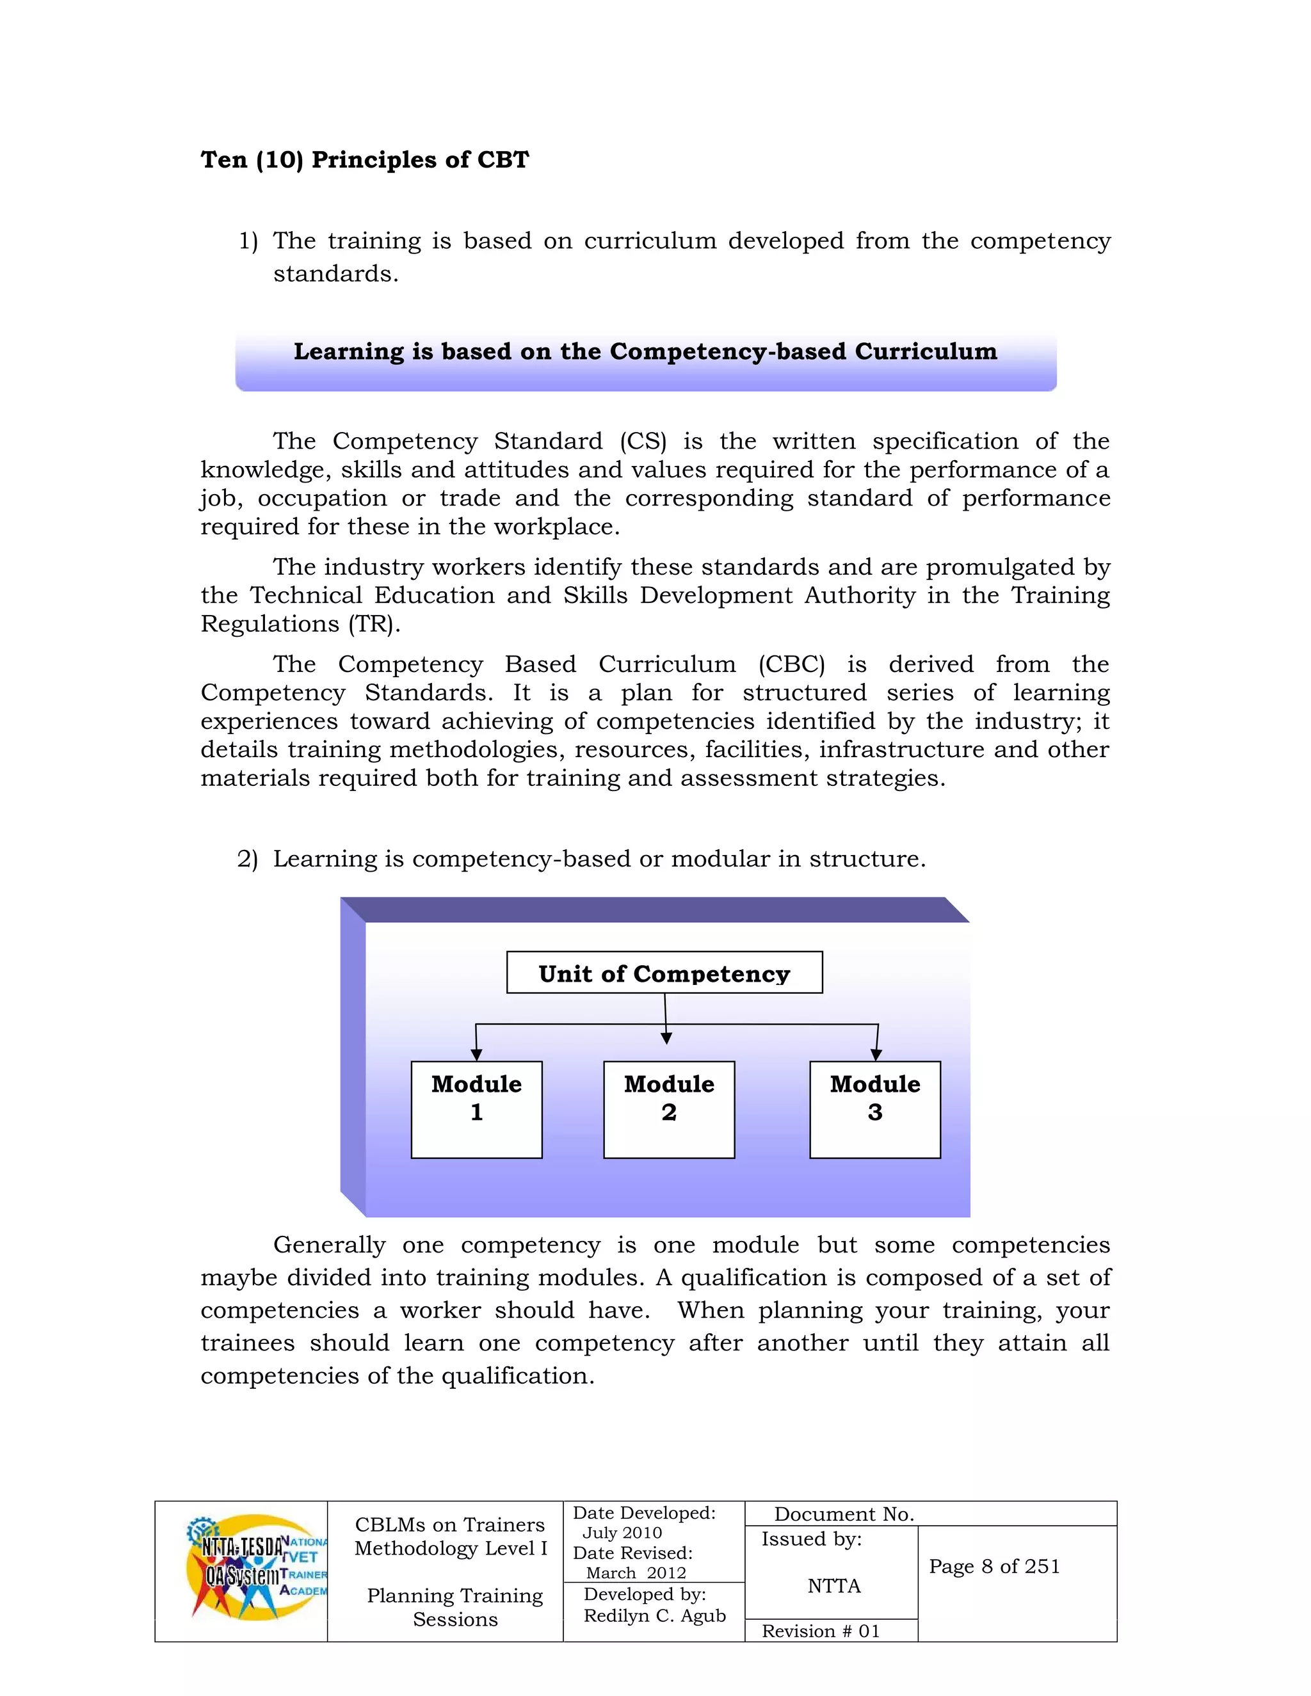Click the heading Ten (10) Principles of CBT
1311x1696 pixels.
[364, 160]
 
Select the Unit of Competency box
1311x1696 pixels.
[664, 972]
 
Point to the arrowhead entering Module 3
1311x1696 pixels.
[876, 1055]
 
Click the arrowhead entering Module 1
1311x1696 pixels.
[476, 1055]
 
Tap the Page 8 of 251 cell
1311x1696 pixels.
[994, 1566]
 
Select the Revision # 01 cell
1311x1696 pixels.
[821, 1631]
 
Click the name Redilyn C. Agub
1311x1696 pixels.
[655, 1615]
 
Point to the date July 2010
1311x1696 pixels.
[622, 1533]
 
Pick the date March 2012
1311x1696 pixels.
[636, 1572]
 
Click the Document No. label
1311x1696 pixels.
[844, 1514]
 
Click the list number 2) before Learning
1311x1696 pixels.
[247, 859]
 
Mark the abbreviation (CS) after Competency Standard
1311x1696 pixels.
[643, 441]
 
